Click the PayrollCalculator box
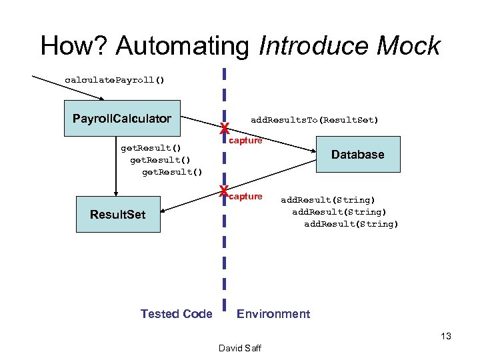pos(122,119)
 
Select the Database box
pos(357,155)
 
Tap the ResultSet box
pos(118,214)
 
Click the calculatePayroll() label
pos(114,80)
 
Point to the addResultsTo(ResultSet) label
pos(314,120)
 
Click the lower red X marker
pos(225,193)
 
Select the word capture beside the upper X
pos(245,141)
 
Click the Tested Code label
pos(176,314)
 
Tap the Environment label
pos(273,314)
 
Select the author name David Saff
pos(240,348)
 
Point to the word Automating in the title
pos(184,46)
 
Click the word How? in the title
pos(73,46)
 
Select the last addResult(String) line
pos(351,224)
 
